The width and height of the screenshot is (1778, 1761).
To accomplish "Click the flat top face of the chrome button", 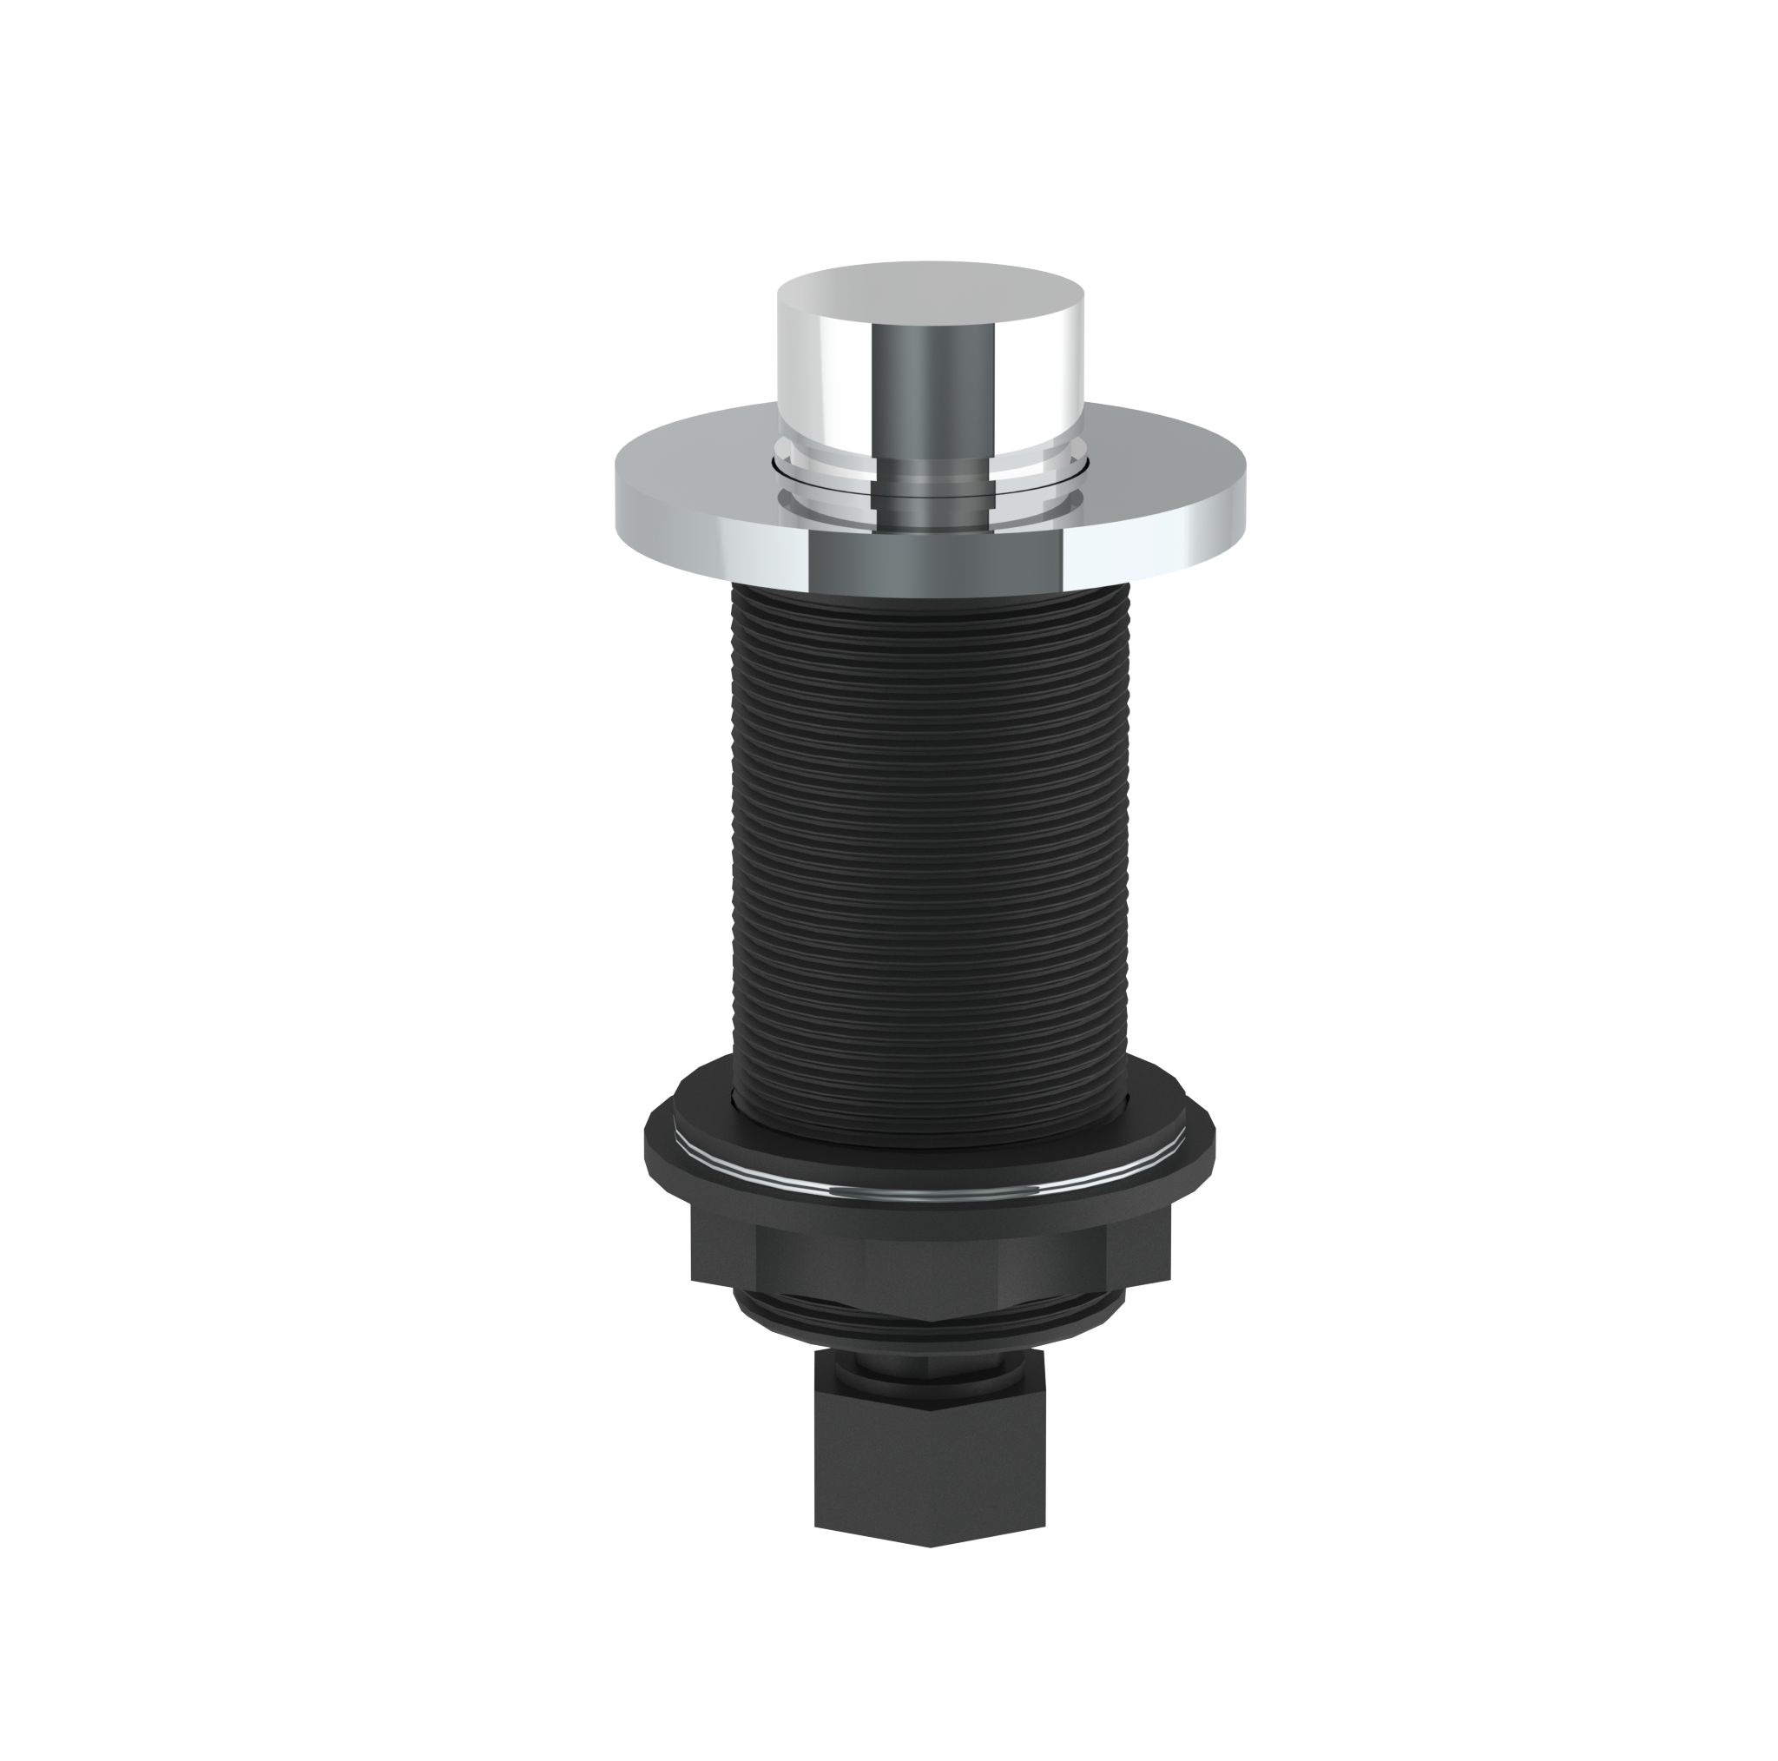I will pyautogui.click(x=930, y=286).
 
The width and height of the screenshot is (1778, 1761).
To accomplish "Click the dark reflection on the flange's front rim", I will pyautogui.click(x=934, y=562).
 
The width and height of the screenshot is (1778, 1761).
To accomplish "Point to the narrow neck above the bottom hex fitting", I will pyautogui.click(x=930, y=1372).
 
